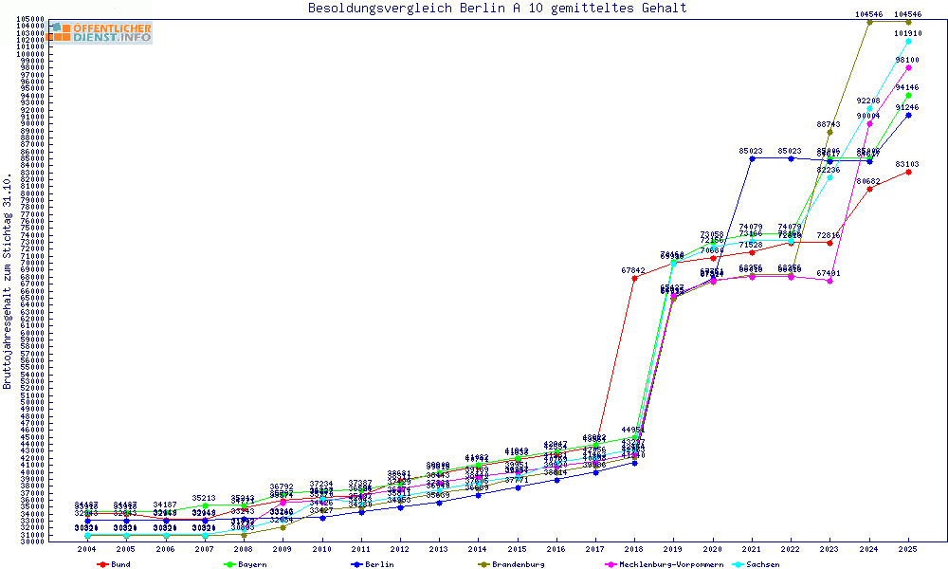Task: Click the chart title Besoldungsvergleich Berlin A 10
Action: pos(498,9)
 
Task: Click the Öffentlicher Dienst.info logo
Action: pos(100,32)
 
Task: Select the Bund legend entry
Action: pos(115,564)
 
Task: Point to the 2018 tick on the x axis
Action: pos(634,548)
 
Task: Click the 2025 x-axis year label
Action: pos(908,548)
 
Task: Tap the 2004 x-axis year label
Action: pos(87,548)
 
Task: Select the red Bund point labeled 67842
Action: pos(634,278)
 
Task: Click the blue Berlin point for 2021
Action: pos(752,157)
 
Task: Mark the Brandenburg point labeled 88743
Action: pos(829,132)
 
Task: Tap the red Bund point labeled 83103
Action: pos(908,172)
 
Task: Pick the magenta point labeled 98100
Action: pos(908,67)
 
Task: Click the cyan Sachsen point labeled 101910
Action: pos(908,41)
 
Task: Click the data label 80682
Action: pos(869,180)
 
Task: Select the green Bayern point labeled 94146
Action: pos(908,95)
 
